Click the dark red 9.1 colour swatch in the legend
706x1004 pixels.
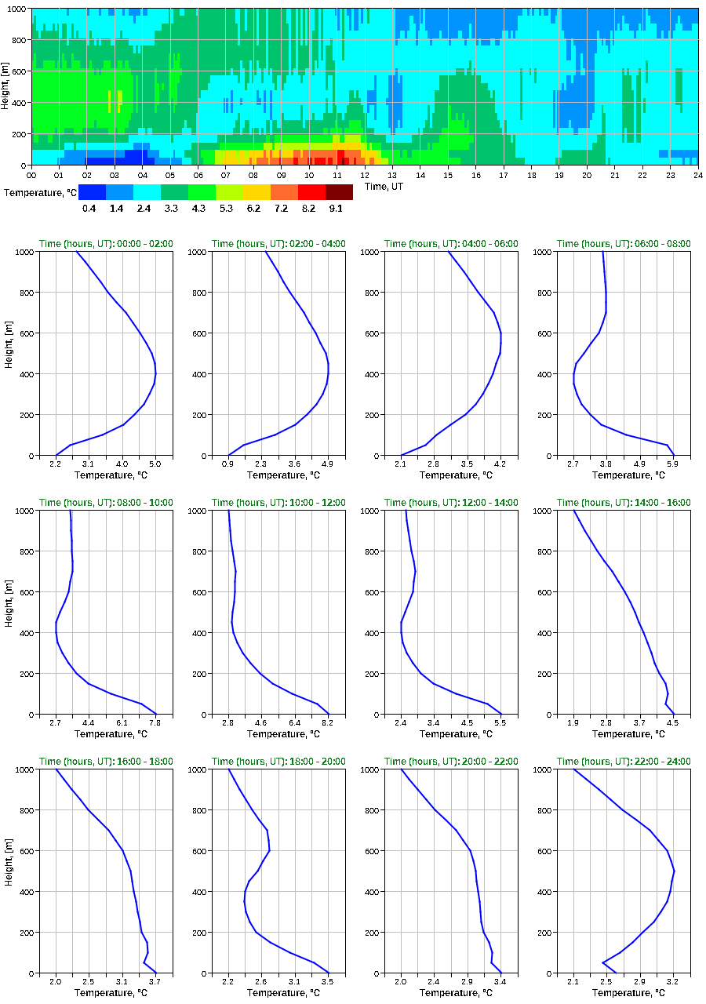coord(339,192)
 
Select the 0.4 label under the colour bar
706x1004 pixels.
coord(89,209)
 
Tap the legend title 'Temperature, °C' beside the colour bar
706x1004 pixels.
coord(38,192)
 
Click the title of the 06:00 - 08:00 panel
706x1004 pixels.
coord(624,244)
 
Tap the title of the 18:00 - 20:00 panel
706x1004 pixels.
coord(278,762)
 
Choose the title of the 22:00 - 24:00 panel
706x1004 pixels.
coord(624,762)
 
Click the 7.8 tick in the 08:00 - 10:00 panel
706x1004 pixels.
coord(155,723)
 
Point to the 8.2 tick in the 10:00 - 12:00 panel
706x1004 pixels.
coord(328,723)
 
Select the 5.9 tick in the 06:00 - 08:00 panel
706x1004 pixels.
coord(673,464)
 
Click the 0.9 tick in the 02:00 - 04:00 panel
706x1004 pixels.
coord(228,464)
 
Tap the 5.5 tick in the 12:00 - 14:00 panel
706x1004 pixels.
coord(500,723)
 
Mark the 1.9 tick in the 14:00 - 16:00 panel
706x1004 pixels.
coord(573,723)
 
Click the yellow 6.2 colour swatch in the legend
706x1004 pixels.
coord(257,192)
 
